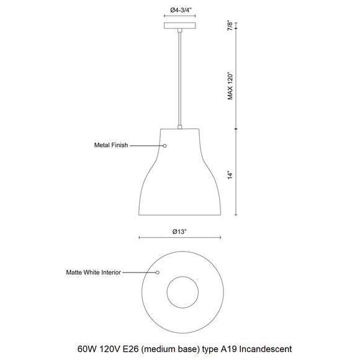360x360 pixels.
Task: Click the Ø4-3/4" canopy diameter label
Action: point(179,10)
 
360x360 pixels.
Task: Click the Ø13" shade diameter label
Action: point(179,230)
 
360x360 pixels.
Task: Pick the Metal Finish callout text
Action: point(110,145)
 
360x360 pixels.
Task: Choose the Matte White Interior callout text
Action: point(94,272)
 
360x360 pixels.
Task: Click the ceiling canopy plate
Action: point(179,26)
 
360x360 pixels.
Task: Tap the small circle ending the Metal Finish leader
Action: point(165,145)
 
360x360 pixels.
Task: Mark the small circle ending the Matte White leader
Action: point(158,272)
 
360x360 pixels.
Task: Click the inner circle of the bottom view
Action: point(180,292)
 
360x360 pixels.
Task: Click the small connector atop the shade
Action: point(179,127)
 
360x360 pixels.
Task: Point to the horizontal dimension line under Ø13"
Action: point(179,237)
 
